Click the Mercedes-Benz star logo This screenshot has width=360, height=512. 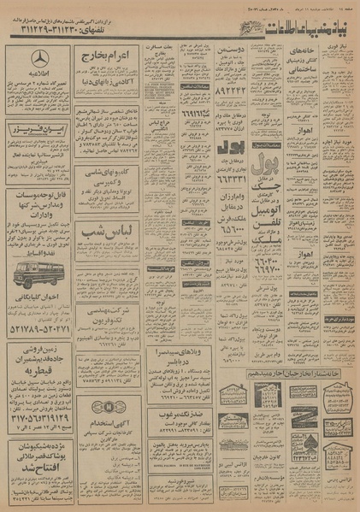(38, 60)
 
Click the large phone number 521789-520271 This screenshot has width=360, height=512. (38, 327)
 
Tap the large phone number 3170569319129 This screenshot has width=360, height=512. (38, 419)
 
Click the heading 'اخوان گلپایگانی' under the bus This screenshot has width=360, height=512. (38, 299)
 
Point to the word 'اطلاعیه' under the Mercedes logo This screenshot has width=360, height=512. (38, 77)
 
